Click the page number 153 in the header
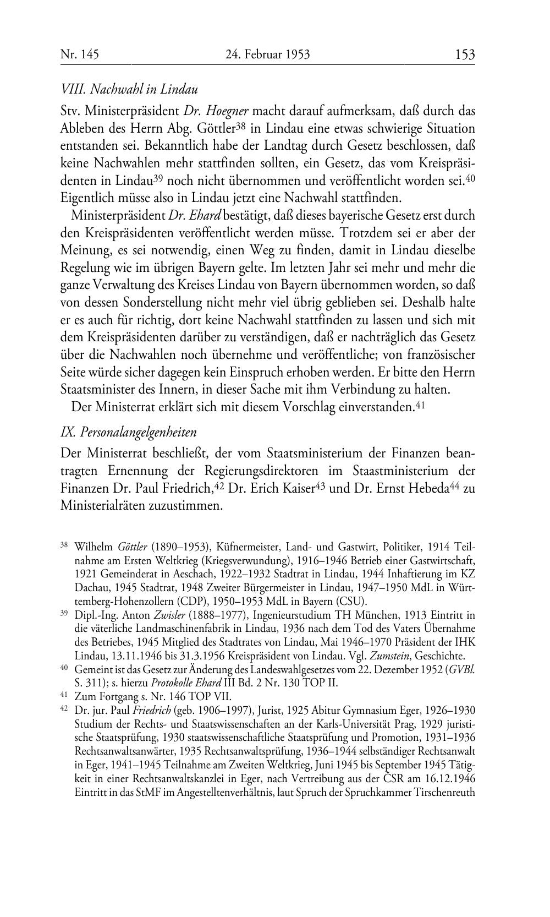pyautogui.click(x=464, y=54)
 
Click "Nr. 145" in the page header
pyautogui.click(x=79, y=54)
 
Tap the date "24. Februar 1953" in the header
pyautogui.click(x=267, y=54)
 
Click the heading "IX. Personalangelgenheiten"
pyautogui.click(x=128, y=432)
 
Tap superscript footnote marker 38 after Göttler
pyautogui.click(x=240, y=126)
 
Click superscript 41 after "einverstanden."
pyautogui.click(x=420, y=405)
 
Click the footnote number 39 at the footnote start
pyautogui.click(x=64, y=614)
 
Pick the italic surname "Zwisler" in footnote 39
pyautogui.click(x=154, y=615)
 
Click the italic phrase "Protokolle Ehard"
pyautogui.click(x=183, y=683)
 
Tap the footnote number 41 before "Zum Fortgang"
pyautogui.click(x=64, y=695)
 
